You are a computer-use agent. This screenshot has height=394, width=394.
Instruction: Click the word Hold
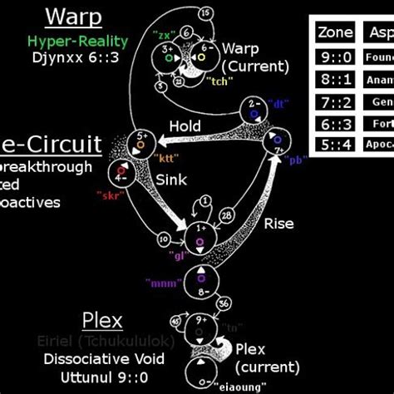pyautogui.click(x=185, y=126)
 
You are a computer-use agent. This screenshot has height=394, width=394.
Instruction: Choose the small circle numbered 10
pyautogui.click(x=164, y=240)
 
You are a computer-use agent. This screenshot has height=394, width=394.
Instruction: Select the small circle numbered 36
pyautogui.click(x=224, y=303)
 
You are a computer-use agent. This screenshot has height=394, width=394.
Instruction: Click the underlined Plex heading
pyautogui.click(x=102, y=321)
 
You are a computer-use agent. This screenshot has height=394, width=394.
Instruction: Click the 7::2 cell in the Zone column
pyautogui.click(x=335, y=101)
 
